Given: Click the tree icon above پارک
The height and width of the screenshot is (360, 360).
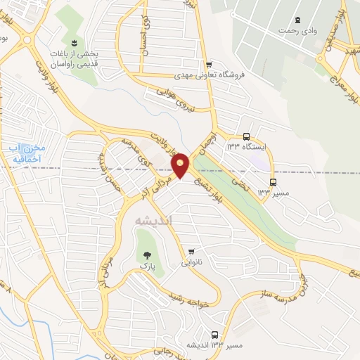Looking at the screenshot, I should click(x=147, y=256).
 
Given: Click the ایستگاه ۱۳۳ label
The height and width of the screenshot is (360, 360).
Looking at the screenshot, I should click(x=245, y=147).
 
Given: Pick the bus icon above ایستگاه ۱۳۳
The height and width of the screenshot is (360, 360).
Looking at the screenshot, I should click(x=246, y=136).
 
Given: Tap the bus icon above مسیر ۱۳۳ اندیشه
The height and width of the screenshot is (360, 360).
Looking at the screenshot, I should click(x=214, y=335).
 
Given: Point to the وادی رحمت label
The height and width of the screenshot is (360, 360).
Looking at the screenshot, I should click(x=294, y=31).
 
